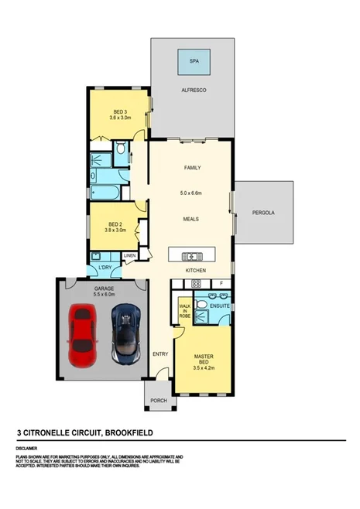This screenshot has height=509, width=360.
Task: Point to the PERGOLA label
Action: point(263,212)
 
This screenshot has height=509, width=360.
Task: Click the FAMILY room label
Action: point(191,167)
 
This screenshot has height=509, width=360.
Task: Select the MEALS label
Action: point(191,219)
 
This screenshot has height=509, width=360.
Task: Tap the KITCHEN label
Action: point(194,270)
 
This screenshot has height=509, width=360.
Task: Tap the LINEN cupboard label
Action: point(129,256)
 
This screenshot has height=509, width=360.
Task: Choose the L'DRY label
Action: point(104,269)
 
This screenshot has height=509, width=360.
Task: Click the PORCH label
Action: point(159,401)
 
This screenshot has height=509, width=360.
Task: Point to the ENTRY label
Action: point(161,354)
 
